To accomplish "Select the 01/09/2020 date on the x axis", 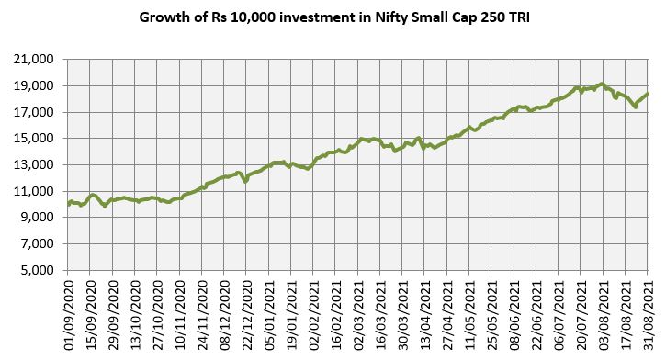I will point(69,308).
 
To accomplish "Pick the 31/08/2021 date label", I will point(649,308).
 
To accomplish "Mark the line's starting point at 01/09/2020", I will point(69,204).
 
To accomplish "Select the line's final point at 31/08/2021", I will point(649,94).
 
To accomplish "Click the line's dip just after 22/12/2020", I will point(245,181).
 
